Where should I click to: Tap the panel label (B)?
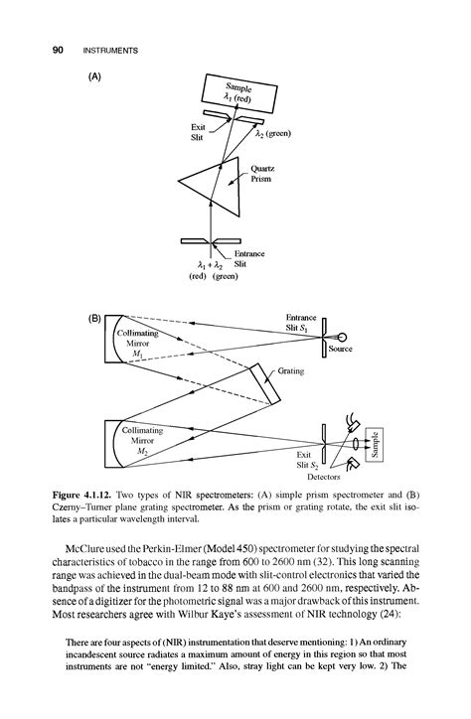[x=95, y=319]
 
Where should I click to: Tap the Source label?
[x=355, y=349]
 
